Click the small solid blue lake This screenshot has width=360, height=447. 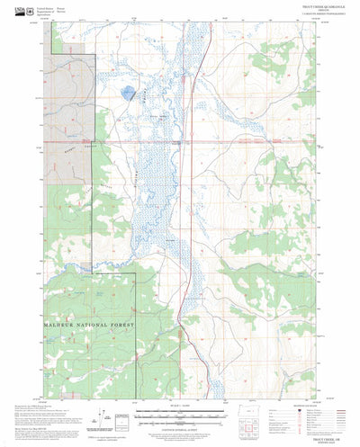(x=130, y=92)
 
